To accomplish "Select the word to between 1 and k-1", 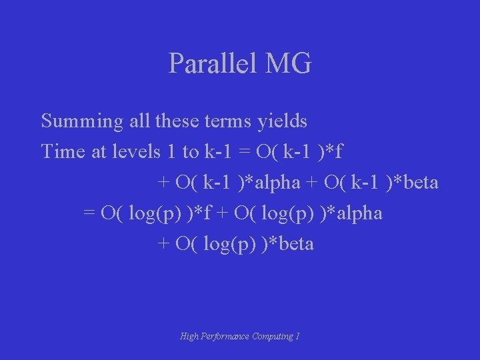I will (x=190, y=152).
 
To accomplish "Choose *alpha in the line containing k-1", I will (x=268, y=182).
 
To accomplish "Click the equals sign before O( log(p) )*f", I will (x=89, y=213).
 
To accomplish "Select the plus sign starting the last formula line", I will (x=163, y=244).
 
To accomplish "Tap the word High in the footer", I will (x=189, y=337).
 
